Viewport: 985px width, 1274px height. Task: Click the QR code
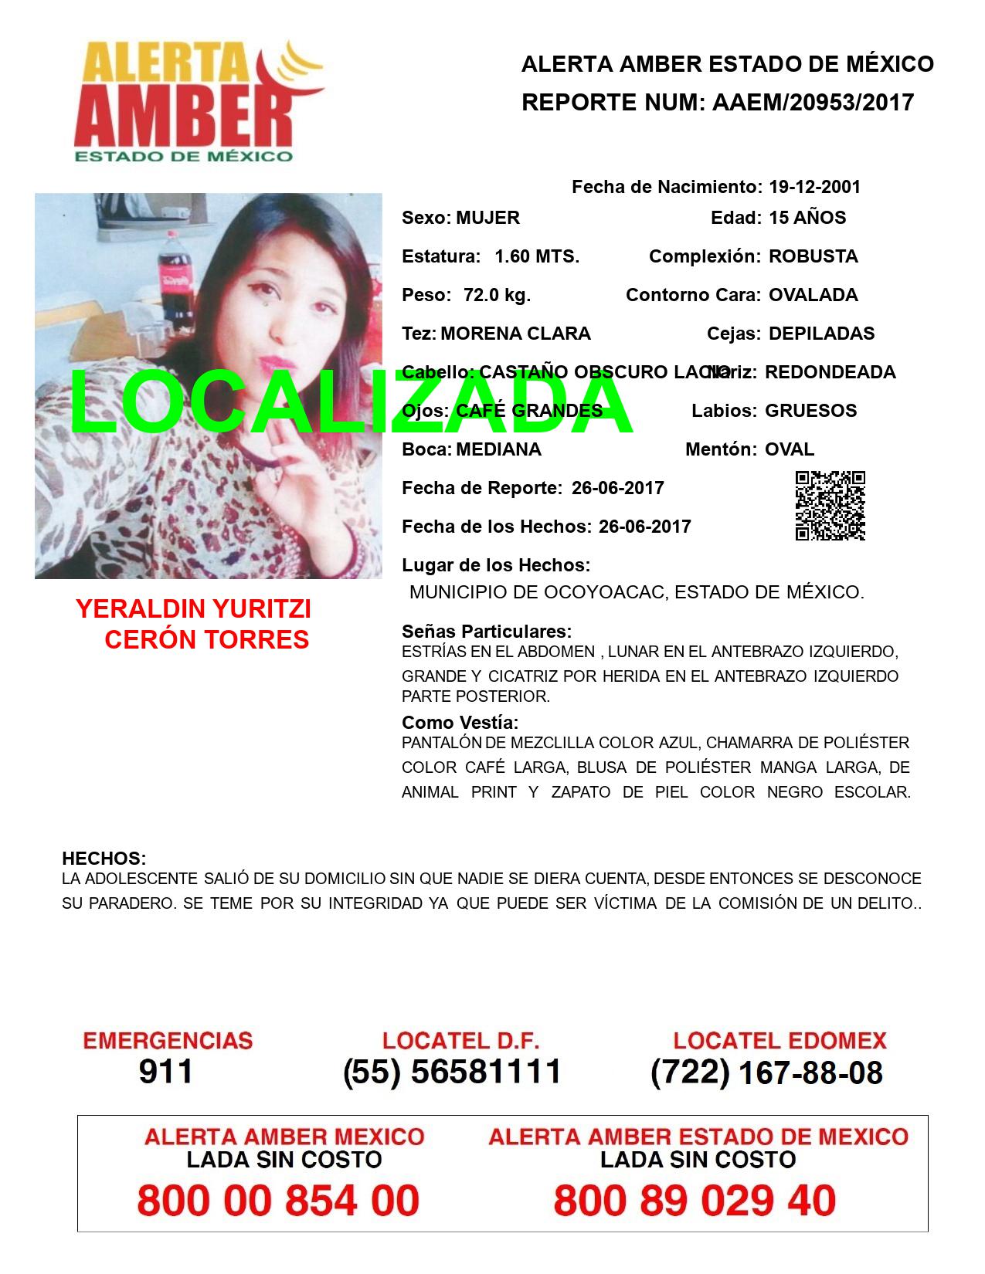tap(830, 506)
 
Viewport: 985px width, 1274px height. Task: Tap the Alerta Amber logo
tap(197, 100)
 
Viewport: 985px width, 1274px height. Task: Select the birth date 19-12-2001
tap(814, 187)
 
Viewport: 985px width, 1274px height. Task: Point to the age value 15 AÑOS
tap(807, 218)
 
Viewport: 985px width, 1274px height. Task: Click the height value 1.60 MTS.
tap(537, 256)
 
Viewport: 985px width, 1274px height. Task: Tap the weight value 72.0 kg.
tap(497, 295)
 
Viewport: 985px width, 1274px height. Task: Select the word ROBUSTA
tap(813, 256)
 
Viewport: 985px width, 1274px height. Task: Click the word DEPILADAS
tap(821, 334)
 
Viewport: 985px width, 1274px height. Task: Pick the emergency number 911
tap(166, 1072)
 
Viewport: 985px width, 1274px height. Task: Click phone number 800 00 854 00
tap(278, 1201)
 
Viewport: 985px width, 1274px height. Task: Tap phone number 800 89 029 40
tap(695, 1201)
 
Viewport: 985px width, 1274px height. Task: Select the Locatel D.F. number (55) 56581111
tap(452, 1072)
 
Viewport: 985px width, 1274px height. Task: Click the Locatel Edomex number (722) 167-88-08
tap(766, 1072)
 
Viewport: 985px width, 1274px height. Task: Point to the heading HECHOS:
tap(104, 859)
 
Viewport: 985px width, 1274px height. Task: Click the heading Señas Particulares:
tap(487, 632)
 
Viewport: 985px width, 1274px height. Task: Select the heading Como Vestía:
tap(460, 723)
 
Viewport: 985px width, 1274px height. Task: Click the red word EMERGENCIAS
tap(168, 1040)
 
